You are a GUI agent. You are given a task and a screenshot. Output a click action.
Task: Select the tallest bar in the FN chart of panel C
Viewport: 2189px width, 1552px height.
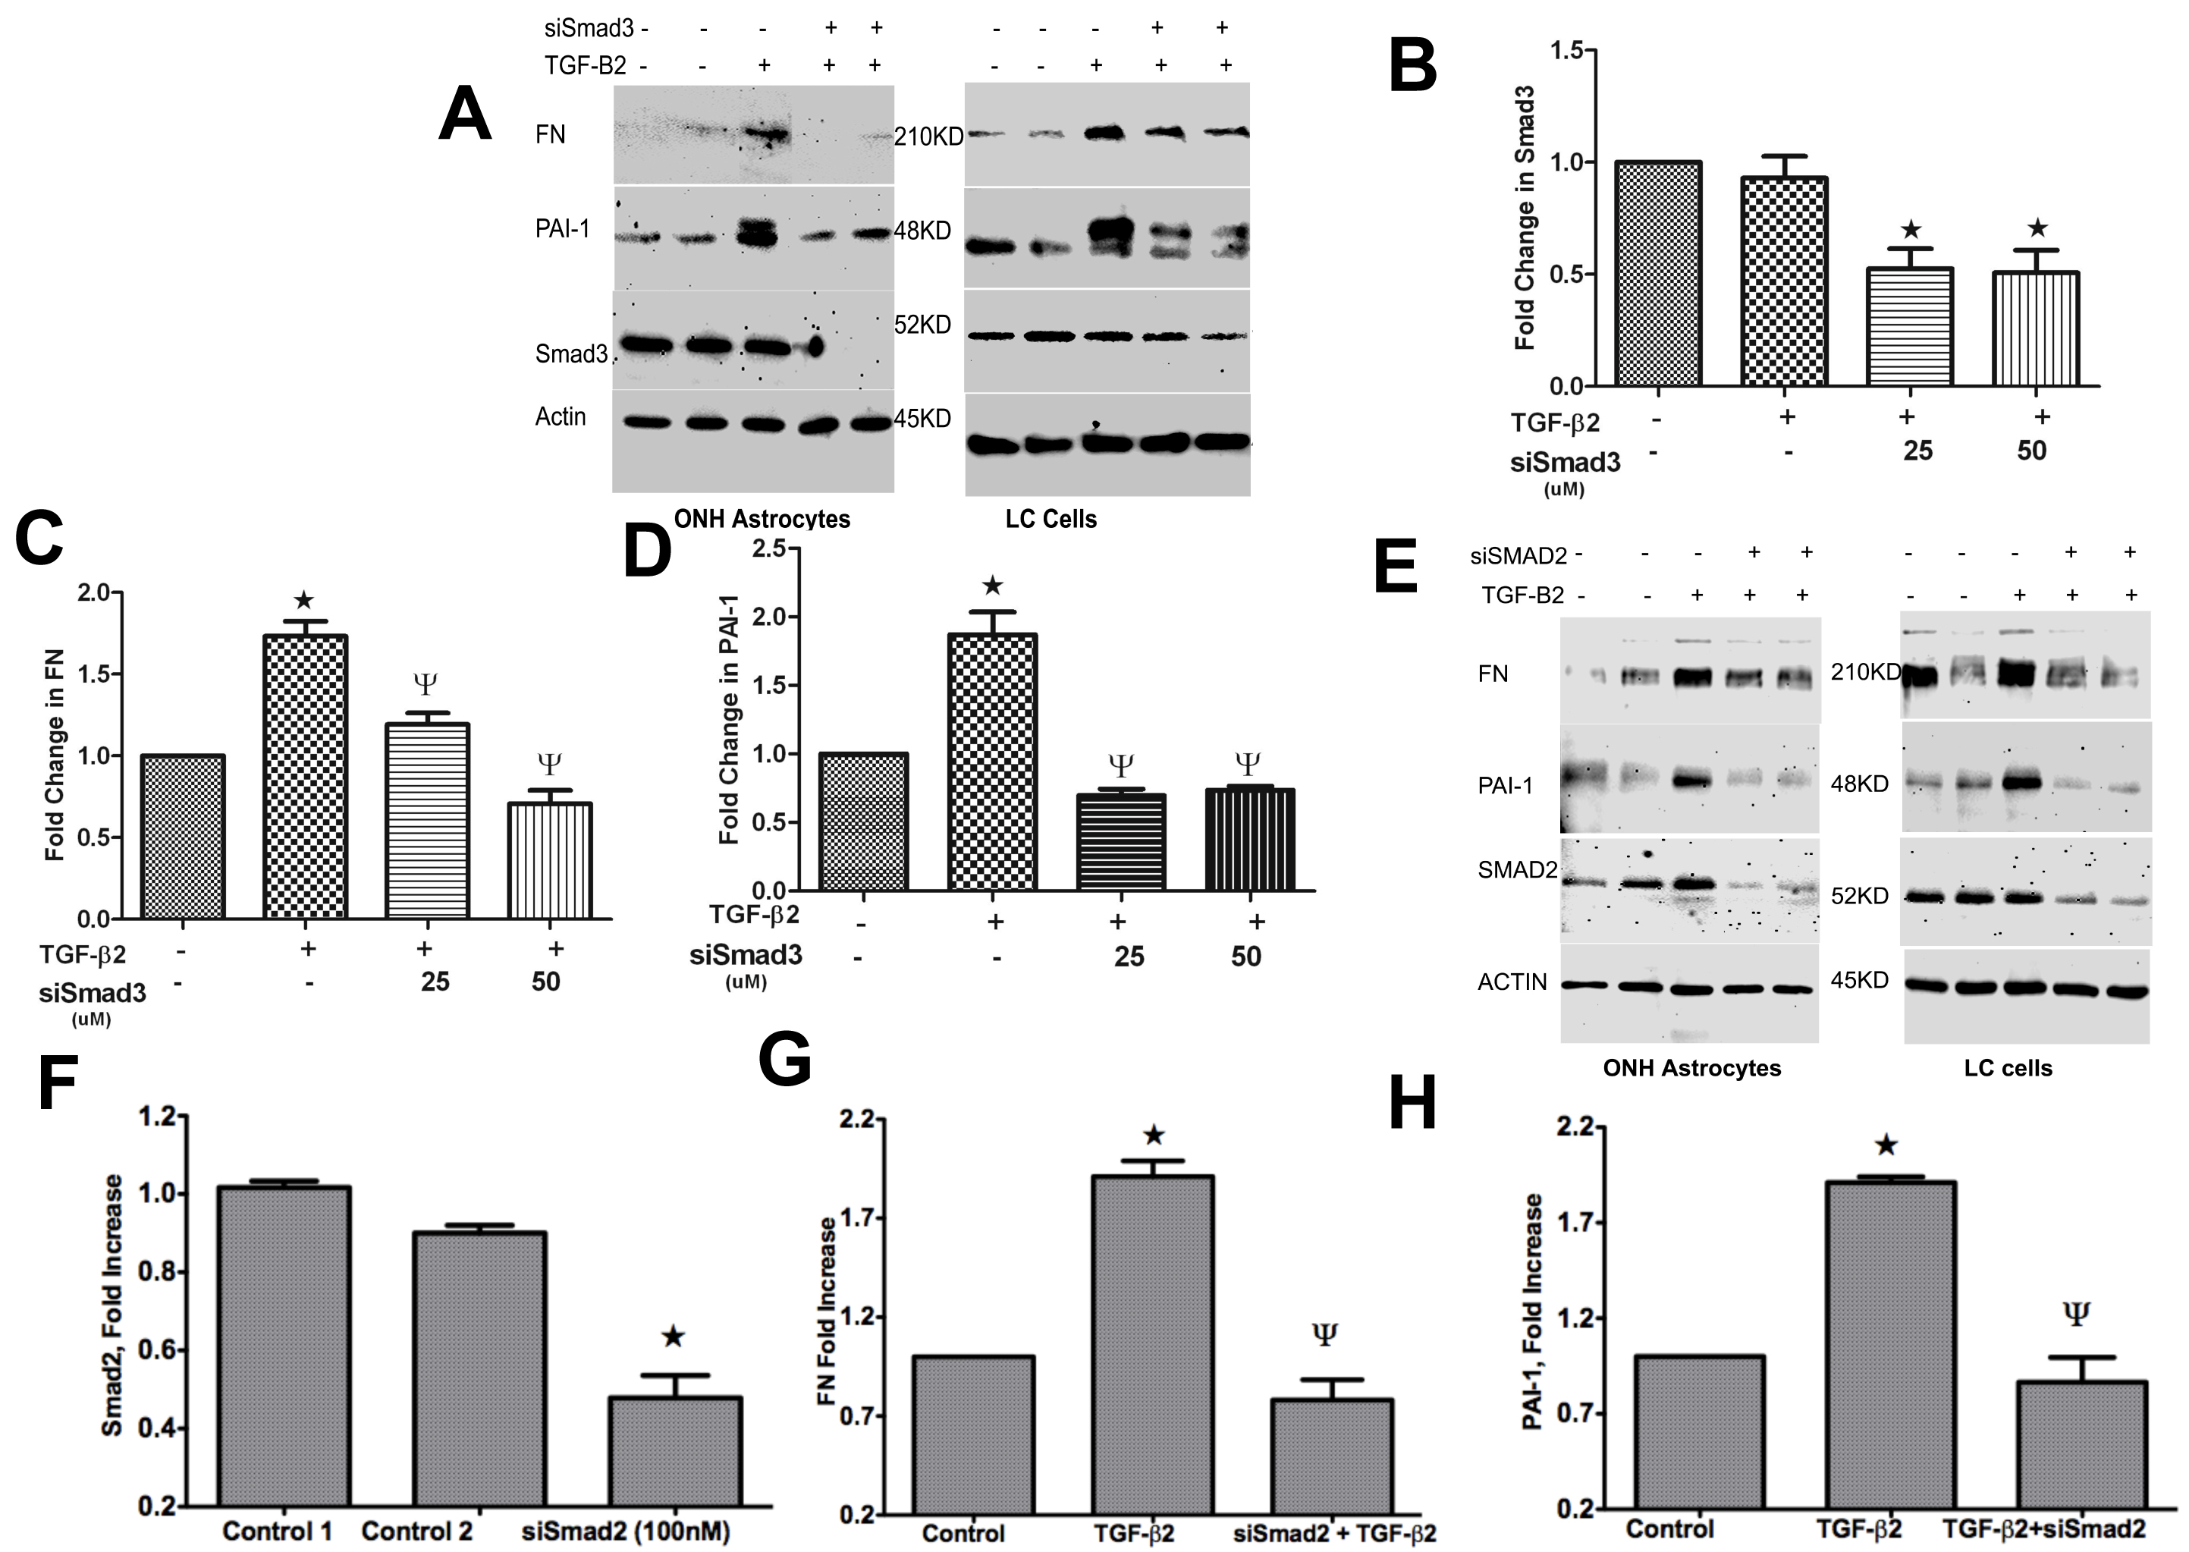pyautogui.click(x=304, y=775)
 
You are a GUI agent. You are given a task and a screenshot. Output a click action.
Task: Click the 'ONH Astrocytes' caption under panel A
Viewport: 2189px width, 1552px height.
pyautogui.click(x=762, y=519)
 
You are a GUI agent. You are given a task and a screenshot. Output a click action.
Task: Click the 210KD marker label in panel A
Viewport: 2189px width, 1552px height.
pyautogui.click(x=928, y=137)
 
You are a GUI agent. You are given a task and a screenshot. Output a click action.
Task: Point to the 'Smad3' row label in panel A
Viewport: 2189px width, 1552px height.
pyautogui.click(x=570, y=354)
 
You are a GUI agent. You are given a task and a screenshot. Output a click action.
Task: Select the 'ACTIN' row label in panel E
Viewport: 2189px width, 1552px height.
pyautogui.click(x=1512, y=982)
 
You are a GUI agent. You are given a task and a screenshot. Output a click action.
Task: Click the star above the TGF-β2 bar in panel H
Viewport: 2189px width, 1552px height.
pyautogui.click(x=1886, y=1145)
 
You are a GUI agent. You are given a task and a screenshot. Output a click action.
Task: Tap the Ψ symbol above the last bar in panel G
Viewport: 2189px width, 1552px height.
pyautogui.click(x=1324, y=1334)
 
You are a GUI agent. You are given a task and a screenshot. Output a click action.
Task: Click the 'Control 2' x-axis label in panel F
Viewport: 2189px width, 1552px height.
pyautogui.click(x=416, y=1531)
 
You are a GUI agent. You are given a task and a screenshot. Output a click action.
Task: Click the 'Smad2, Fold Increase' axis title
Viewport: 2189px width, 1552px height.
pyautogui.click(x=113, y=1305)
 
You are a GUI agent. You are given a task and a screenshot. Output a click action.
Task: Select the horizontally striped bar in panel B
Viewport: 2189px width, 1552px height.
pyautogui.click(x=1909, y=326)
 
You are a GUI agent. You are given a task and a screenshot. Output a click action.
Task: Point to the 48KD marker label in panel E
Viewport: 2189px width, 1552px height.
pyautogui.click(x=1859, y=784)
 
